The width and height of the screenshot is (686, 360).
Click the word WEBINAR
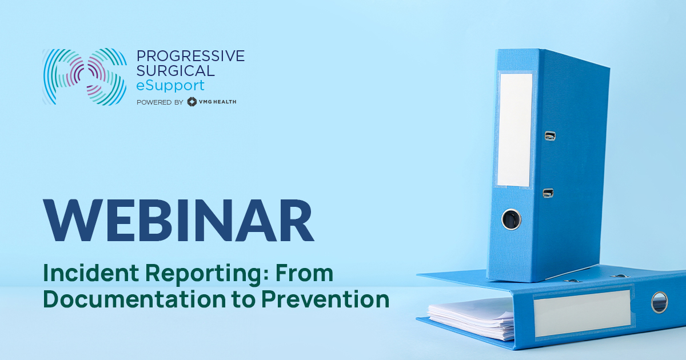(x=180, y=220)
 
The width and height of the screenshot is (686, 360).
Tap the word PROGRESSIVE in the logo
(x=190, y=55)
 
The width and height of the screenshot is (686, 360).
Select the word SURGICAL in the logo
(x=176, y=71)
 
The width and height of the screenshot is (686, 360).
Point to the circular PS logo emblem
(x=84, y=77)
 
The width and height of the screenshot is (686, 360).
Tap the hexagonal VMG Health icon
(x=192, y=102)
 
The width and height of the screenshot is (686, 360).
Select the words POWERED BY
(x=160, y=102)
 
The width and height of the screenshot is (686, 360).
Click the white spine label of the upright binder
(x=514, y=130)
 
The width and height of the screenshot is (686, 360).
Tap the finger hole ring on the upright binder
(x=511, y=218)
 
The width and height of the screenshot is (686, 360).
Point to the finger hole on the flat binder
(x=659, y=302)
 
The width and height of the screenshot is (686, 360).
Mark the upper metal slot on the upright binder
(x=550, y=136)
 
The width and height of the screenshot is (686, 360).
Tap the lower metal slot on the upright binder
(x=548, y=193)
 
